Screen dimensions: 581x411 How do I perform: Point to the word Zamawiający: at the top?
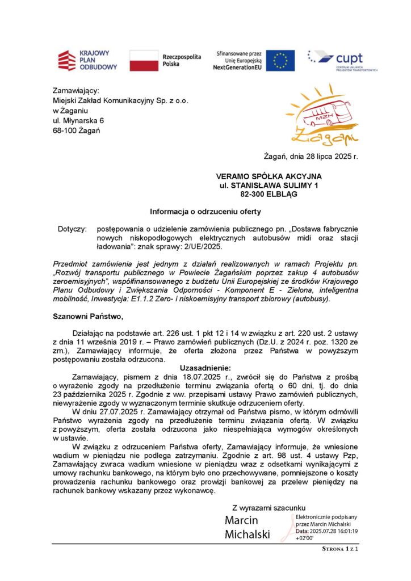(76, 90)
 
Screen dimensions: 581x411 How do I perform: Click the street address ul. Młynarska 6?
(78, 121)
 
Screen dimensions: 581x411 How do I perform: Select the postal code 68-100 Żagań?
(76, 131)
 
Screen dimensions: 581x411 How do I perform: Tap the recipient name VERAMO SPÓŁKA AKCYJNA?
(269, 177)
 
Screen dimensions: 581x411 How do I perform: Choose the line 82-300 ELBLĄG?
(269, 194)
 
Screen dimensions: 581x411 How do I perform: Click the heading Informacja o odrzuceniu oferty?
(205, 212)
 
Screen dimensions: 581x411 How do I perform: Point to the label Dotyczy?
(72, 229)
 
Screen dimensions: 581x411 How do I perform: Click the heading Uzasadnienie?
(205, 368)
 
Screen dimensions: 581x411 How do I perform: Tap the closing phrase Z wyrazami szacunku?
(269, 507)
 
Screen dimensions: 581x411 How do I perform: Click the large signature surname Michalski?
(248, 534)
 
